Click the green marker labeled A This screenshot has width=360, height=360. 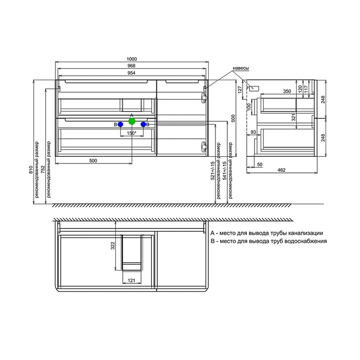[132, 121]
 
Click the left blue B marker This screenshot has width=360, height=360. [120, 124]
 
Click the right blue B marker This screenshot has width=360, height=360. [143, 124]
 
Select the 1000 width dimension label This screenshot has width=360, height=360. [132, 59]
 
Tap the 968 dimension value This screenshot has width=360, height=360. [131, 66]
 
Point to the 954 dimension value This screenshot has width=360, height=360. [131, 73]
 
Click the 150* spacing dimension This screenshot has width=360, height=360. [132, 133]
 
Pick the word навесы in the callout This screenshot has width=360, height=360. [241, 68]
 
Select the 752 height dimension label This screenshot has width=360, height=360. [43, 169]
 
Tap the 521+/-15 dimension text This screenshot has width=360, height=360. [212, 171]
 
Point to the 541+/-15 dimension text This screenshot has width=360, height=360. [225, 171]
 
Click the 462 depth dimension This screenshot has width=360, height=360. [281, 170]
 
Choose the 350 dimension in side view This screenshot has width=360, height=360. [287, 92]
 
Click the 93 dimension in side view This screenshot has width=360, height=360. [253, 132]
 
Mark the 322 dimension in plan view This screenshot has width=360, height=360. [113, 246]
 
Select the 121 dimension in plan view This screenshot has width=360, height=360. [131, 280]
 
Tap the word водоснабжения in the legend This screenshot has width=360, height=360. [305, 241]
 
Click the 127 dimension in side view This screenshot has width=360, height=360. [240, 89]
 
